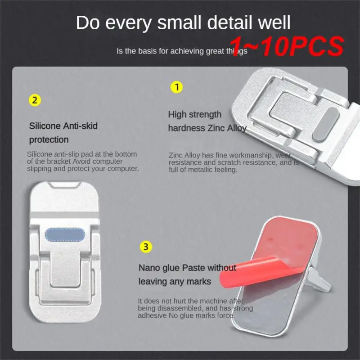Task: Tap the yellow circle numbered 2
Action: [x=35, y=100]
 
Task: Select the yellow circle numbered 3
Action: [x=145, y=247]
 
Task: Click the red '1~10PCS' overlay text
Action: [x=288, y=45]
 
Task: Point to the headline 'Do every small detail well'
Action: [x=183, y=23]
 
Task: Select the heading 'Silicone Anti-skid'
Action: [x=63, y=126]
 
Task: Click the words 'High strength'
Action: [x=195, y=114]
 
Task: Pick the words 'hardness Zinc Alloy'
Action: [x=207, y=128]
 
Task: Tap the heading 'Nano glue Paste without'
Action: [x=187, y=268]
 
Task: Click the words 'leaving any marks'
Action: [x=175, y=282]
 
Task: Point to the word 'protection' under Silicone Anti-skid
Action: [x=49, y=139]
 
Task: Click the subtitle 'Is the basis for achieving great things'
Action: [x=182, y=51]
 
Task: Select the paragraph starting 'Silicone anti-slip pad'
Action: [x=83, y=162]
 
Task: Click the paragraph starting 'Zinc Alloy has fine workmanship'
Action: [x=233, y=162]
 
